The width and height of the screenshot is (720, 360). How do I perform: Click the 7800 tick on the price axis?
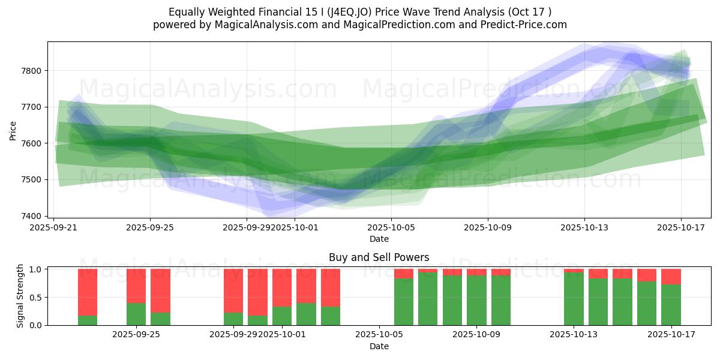click(x=32, y=71)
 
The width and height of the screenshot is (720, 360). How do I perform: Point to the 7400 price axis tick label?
click(x=32, y=216)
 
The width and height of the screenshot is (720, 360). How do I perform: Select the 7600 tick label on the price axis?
click(x=32, y=143)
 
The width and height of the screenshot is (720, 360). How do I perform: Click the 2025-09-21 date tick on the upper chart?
click(x=54, y=227)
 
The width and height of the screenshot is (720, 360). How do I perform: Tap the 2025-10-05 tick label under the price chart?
click(x=391, y=227)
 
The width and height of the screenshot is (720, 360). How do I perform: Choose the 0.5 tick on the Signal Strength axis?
click(x=35, y=297)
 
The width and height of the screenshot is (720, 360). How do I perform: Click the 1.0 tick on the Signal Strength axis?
click(x=35, y=269)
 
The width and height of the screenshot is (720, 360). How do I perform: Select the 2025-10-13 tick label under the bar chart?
click(x=574, y=334)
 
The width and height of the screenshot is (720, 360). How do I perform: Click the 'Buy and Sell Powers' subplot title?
click(x=379, y=257)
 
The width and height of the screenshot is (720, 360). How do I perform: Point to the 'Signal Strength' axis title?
click(x=20, y=296)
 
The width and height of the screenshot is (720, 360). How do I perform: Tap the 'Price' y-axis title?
click(x=13, y=130)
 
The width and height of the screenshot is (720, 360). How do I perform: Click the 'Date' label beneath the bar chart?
click(x=379, y=346)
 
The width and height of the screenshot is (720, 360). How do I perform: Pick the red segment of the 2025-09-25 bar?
click(x=136, y=286)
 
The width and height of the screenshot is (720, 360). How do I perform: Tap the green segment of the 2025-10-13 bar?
click(x=574, y=298)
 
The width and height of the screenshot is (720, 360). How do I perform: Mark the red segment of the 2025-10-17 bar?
click(x=671, y=277)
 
